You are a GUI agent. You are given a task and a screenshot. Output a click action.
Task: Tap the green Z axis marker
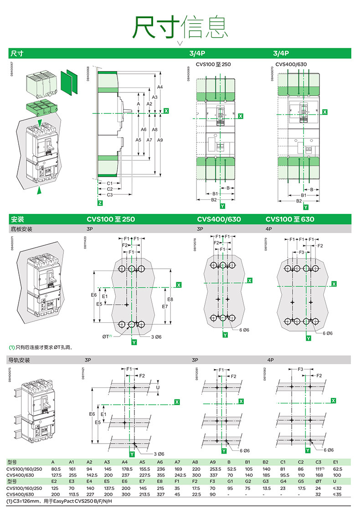100,203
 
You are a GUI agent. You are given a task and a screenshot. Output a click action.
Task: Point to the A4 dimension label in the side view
159,87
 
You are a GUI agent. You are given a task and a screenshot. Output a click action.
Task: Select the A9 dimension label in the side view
159,140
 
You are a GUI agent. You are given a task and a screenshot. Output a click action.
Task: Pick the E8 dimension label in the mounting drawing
170,299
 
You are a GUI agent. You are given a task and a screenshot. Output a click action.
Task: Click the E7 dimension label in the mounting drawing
165,307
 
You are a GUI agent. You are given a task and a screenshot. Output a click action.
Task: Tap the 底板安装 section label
21,229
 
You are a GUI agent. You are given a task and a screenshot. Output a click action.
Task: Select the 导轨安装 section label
21,360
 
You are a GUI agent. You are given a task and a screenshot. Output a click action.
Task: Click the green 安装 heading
17,219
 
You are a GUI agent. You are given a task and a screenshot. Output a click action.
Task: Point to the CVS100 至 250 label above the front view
213,64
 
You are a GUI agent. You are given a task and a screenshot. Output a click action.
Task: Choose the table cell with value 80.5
56,469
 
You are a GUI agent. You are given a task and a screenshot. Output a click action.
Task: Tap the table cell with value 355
161,475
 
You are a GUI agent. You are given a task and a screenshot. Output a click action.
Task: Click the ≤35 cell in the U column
337,494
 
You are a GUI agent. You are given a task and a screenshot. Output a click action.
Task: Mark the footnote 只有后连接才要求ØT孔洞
41,347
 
